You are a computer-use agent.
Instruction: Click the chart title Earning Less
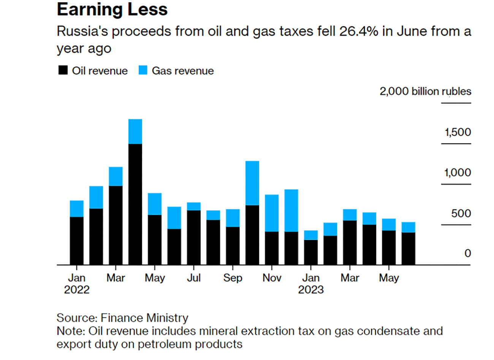tap(112, 10)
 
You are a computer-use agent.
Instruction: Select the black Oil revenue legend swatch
tap(63, 70)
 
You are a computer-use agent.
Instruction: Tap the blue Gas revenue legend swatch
tap(143, 70)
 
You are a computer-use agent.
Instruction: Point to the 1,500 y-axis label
tap(458, 132)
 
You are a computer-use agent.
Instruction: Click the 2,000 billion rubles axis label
tap(425, 92)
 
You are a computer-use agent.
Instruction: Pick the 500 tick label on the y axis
tap(461, 214)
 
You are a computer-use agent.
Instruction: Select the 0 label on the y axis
tap(467, 253)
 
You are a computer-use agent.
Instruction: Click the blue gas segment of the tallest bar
tap(135, 132)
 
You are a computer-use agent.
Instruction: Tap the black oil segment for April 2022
tap(135, 204)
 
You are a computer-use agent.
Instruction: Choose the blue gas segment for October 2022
tap(252, 183)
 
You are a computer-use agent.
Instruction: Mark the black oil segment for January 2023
tap(311, 252)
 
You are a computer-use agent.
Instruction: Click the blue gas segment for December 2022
tap(291, 211)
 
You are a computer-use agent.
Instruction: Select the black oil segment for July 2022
tap(194, 237)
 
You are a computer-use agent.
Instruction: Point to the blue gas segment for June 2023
tap(408, 227)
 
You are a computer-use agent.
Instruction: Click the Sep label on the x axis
tap(233, 278)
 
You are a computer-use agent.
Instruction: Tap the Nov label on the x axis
tap(272, 278)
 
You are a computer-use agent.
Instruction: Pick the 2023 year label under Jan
tap(311, 290)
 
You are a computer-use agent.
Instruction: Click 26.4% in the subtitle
tap(359, 32)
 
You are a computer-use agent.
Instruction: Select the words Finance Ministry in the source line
tap(144, 318)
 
